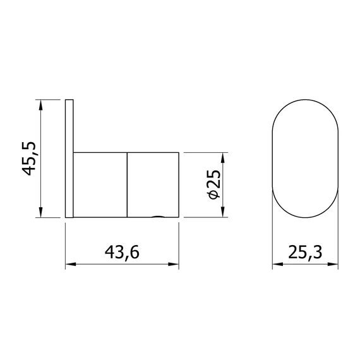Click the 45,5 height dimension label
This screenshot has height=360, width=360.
(x=28, y=159)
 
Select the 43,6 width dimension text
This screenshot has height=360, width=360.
(x=122, y=253)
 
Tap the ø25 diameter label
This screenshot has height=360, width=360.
(x=213, y=184)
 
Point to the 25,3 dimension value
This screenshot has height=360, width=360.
(x=305, y=253)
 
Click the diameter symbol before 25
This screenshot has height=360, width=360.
(x=213, y=195)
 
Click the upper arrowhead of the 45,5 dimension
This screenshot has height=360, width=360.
(x=40, y=105)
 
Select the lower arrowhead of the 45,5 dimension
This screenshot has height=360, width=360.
(x=40, y=212)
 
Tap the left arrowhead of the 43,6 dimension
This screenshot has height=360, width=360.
(x=71, y=265)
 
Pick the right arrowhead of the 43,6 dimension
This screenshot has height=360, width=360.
(x=173, y=265)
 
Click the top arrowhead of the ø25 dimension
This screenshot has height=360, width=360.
(x=222, y=158)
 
